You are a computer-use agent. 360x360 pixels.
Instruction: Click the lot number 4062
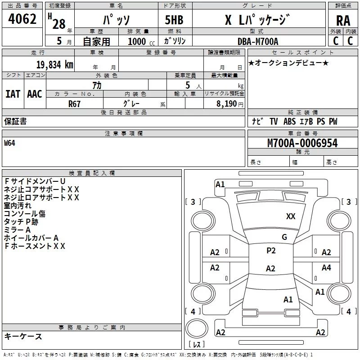tap(22, 19)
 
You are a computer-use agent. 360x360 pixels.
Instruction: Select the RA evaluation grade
tap(343, 21)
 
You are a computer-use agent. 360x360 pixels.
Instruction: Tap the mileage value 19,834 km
tap(54, 65)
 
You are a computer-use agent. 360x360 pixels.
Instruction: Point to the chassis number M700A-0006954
tap(302, 143)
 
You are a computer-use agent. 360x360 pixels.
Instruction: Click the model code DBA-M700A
tap(258, 41)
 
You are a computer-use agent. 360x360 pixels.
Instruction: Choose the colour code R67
tap(74, 104)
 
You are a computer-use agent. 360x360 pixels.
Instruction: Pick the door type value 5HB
tap(174, 20)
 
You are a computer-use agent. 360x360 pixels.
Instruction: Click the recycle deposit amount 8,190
tap(226, 104)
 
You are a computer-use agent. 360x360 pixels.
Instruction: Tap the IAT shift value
tap(13, 94)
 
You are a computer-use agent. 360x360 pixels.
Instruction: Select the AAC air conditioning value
tap(35, 94)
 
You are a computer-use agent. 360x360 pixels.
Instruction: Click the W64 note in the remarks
tap(9, 143)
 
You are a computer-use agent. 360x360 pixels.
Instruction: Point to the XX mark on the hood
tap(291, 216)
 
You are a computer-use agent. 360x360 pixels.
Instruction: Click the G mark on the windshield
tap(284, 237)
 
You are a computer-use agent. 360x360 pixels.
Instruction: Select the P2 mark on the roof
tap(271, 251)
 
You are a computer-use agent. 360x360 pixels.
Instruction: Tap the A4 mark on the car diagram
tap(326, 267)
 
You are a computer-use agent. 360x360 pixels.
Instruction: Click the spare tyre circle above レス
tap(197, 328)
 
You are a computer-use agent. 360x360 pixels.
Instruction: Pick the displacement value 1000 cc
tap(141, 41)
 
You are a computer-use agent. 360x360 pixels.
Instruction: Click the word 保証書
tap(15, 121)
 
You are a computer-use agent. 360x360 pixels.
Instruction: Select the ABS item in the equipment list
tap(289, 121)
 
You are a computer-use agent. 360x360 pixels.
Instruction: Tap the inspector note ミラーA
tap(17, 230)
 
